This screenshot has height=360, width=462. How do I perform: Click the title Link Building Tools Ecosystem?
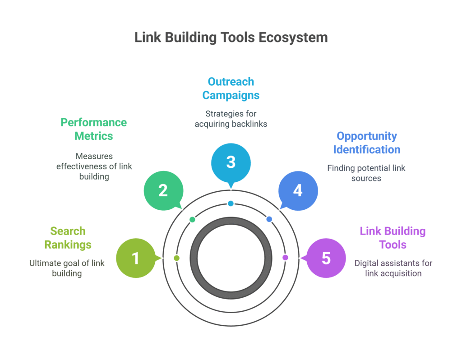tap(231, 37)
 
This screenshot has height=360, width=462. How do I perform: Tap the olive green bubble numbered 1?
tap(135, 258)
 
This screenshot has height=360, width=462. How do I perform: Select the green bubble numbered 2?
tap(163, 191)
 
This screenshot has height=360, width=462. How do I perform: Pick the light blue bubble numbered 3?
tap(231, 162)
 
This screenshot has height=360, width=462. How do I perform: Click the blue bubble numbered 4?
tap(298, 191)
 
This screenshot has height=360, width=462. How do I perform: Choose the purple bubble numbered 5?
tap(326, 258)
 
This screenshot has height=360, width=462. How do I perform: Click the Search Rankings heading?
tap(68, 238)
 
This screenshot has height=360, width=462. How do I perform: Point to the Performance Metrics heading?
tap(94, 129)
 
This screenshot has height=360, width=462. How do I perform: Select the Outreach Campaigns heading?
tap(231, 88)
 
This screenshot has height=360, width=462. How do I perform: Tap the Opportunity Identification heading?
tap(366, 143)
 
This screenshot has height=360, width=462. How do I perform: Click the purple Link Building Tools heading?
tap(393, 238)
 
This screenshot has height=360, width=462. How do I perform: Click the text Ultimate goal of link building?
tap(67, 268)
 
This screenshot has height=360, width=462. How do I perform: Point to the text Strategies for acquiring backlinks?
tap(231, 119)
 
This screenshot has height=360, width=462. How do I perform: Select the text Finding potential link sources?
tap(366, 173)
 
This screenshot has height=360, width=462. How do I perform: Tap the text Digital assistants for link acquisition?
tap(393, 268)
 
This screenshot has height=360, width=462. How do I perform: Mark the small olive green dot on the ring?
tap(176, 258)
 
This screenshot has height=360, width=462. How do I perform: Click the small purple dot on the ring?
tap(285, 258)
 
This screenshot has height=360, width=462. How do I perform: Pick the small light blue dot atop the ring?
tap(231, 203)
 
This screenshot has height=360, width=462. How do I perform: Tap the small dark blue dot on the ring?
tap(269, 219)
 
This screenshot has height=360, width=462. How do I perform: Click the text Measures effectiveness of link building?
tap(94, 166)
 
